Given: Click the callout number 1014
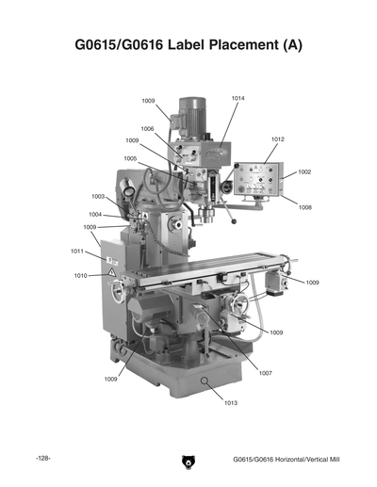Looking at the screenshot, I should pos(238,99).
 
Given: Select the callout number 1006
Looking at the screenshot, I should pos(148,128).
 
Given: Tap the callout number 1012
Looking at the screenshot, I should pos(277,138).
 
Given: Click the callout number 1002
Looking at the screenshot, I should pos(304,172).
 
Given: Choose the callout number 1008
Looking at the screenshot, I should pos(305,207).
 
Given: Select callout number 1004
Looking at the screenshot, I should pos(96,215).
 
